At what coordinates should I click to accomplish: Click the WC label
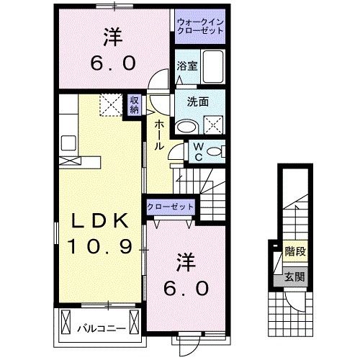[196, 152]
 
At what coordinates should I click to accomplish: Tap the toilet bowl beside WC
[216, 152]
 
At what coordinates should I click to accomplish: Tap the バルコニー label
[101, 330]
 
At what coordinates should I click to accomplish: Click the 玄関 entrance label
[294, 276]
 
